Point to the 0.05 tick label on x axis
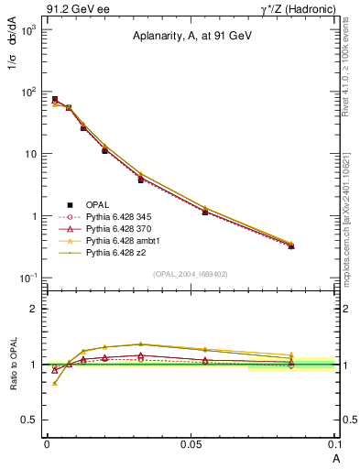[x=190, y=442]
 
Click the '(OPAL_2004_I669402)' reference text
[x=190, y=273]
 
